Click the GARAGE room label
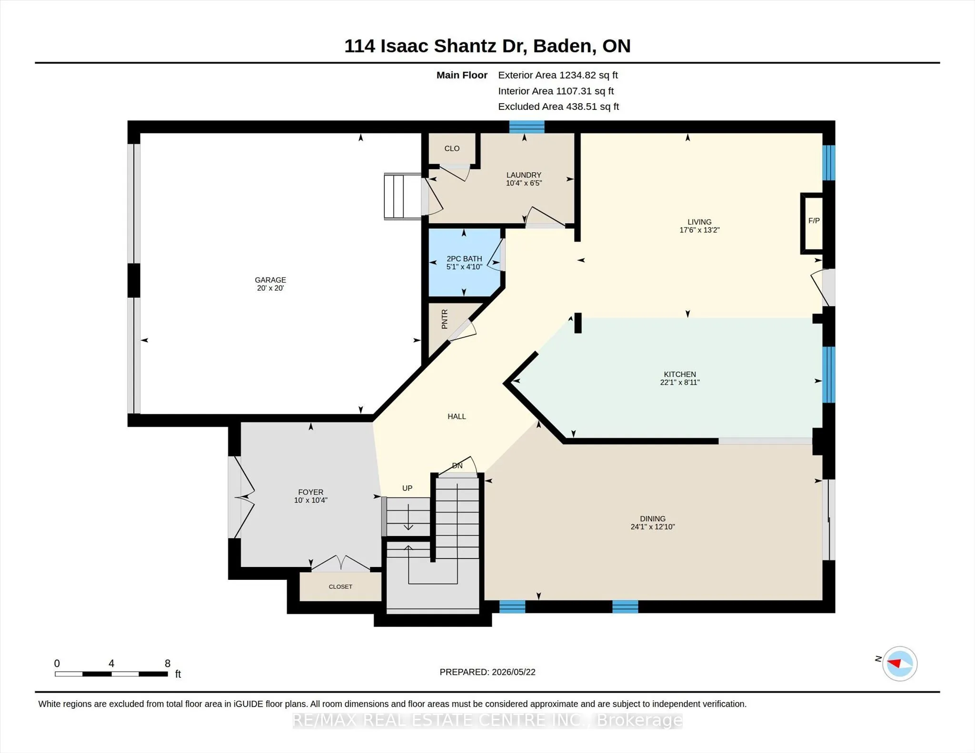pos(270,280)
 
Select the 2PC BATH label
pos(464,259)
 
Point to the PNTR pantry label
pos(445,319)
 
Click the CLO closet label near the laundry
pos(452,148)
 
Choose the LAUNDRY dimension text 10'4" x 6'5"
pos(524,183)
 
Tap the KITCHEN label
pos(680,374)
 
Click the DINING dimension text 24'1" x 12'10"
pos(653,527)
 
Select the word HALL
pos(457,416)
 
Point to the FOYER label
pos(310,492)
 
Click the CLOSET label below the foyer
pos(340,587)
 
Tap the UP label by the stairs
pos(407,488)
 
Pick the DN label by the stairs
pos(457,466)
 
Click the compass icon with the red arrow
pos(899,664)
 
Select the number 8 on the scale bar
pos(168,663)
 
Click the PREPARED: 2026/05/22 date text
pos(487,672)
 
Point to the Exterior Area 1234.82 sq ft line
pos(558,75)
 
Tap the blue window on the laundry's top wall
pos(527,127)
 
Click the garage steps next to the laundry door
pos(403,196)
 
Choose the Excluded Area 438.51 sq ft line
pos(558,107)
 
